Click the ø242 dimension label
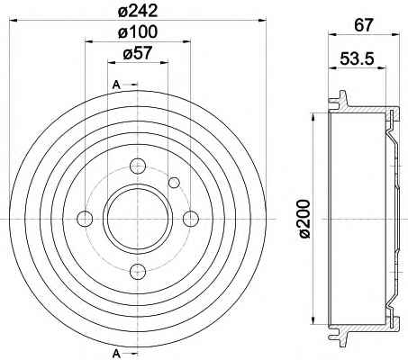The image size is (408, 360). click(x=138, y=11)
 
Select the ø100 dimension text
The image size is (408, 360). click(x=138, y=31)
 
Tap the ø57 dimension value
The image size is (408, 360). click(x=138, y=54)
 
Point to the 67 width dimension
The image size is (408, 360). click(x=364, y=25)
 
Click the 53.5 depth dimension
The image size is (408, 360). click(x=358, y=58)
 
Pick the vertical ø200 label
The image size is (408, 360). click(x=304, y=219)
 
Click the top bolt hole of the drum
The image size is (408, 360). click(x=138, y=166)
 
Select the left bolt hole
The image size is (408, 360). click(x=85, y=219)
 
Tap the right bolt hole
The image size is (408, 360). click(x=191, y=219)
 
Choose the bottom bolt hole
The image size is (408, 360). click(x=138, y=272)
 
